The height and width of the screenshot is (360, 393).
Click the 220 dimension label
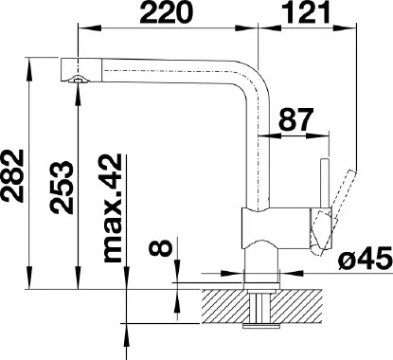point(166,11)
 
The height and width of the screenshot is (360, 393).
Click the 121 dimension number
point(305,11)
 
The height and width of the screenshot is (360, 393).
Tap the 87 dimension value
point(296,119)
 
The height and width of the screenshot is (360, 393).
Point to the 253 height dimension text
point(61,188)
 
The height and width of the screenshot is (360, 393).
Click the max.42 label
point(113,208)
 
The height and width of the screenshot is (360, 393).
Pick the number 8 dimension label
point(160,247)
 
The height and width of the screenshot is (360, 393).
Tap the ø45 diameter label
point(365,260)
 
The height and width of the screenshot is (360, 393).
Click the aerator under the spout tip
point(78,80)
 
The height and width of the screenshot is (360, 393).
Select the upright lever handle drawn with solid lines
point(325,184)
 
